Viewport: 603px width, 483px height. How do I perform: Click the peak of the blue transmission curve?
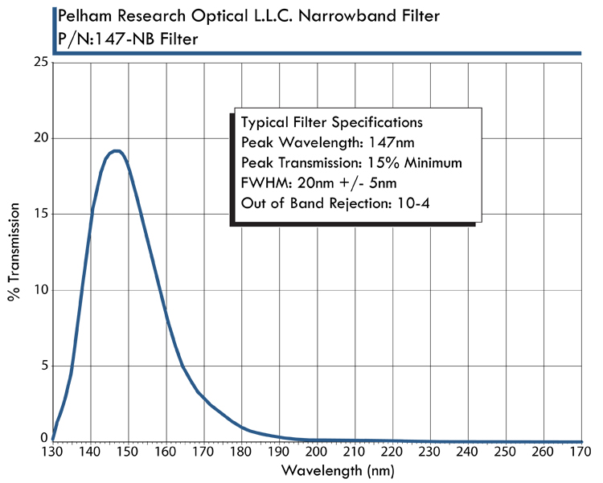(117, 150)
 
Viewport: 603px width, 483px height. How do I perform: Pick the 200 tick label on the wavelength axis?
(317, 452)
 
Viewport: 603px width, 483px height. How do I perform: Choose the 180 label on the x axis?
(241, 452)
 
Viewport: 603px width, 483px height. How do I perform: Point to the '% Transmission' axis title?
(14, 252)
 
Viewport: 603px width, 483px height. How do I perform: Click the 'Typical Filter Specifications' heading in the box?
(331, 123)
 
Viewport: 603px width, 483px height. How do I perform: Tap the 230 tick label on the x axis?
(429, 452)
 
